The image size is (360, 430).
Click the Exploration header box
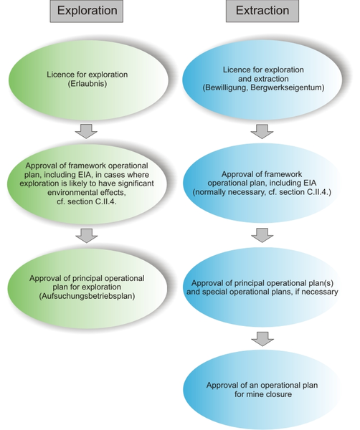(x=87, y=11)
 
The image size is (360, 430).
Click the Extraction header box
(x=262, y=11)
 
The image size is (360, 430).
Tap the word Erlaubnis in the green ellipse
(x=87, y=84)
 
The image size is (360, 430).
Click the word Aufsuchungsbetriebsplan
(x=87, y=296)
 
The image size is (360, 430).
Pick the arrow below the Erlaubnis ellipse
(x=86, y=131)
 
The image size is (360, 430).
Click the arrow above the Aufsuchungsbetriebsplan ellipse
(x=87, y=236)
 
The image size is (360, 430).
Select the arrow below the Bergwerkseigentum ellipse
(x=262, y=131)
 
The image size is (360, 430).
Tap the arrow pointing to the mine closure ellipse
(x=262, y=339)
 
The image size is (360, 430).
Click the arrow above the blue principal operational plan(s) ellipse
(x=262, y=235)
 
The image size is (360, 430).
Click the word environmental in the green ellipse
(x=71, y=193)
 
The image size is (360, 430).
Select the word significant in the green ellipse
(x=133, y=183)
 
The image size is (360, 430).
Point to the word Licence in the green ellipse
(x=59, y=75)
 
